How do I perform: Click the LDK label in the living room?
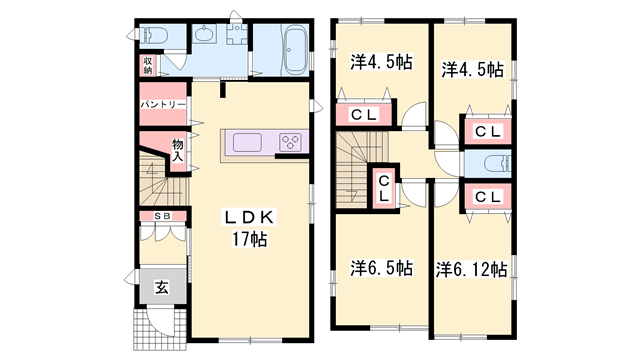[x=250, y=217]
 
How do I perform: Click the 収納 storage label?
[x=147, y=66]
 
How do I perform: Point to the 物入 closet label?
[x=177, y=150]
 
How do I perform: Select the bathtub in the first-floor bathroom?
[x=295, y=50]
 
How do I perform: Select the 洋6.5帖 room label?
[x=381, y=268]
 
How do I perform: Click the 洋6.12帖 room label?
[x=471, y=269]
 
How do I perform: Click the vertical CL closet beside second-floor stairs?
[x=384, y=188]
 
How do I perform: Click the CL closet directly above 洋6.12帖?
[x=487, y=196]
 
